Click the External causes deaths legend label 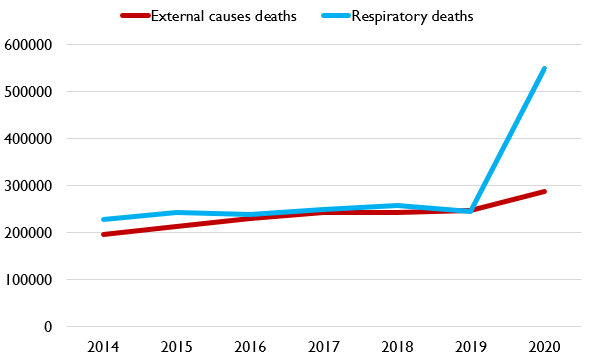tap(223, 16)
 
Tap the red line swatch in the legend tap(134, 17)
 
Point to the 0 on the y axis tap(46, 327)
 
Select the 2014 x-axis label tap(103, 347)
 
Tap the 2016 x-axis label tap(250, 347)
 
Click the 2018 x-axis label tap(397, 347)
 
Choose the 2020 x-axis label tap(544, 347)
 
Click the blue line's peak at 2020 tap(544, 69)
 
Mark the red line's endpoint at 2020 tap(544, 191)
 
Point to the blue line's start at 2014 tap(103, 220)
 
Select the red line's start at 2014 tap(103, 235)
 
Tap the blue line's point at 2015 tap(176, 212)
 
